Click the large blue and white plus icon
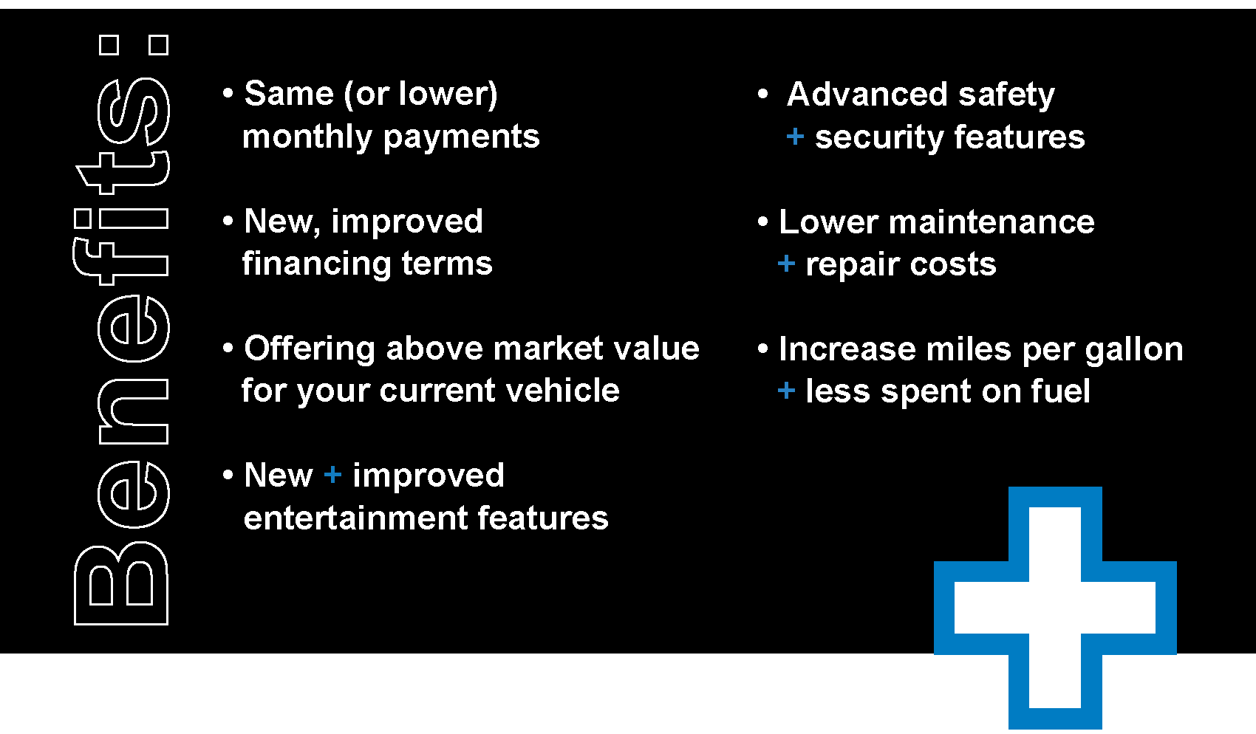(1055, 608)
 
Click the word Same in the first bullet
(289, 94)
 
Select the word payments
(462, 138)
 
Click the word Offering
(310, 349)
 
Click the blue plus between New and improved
(332, 475)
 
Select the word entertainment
(355, 518)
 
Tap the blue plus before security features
(795, 136)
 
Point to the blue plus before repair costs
(787, 263)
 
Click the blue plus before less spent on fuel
(787, 390)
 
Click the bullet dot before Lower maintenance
(762, 222)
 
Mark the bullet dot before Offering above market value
(228, 348)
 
